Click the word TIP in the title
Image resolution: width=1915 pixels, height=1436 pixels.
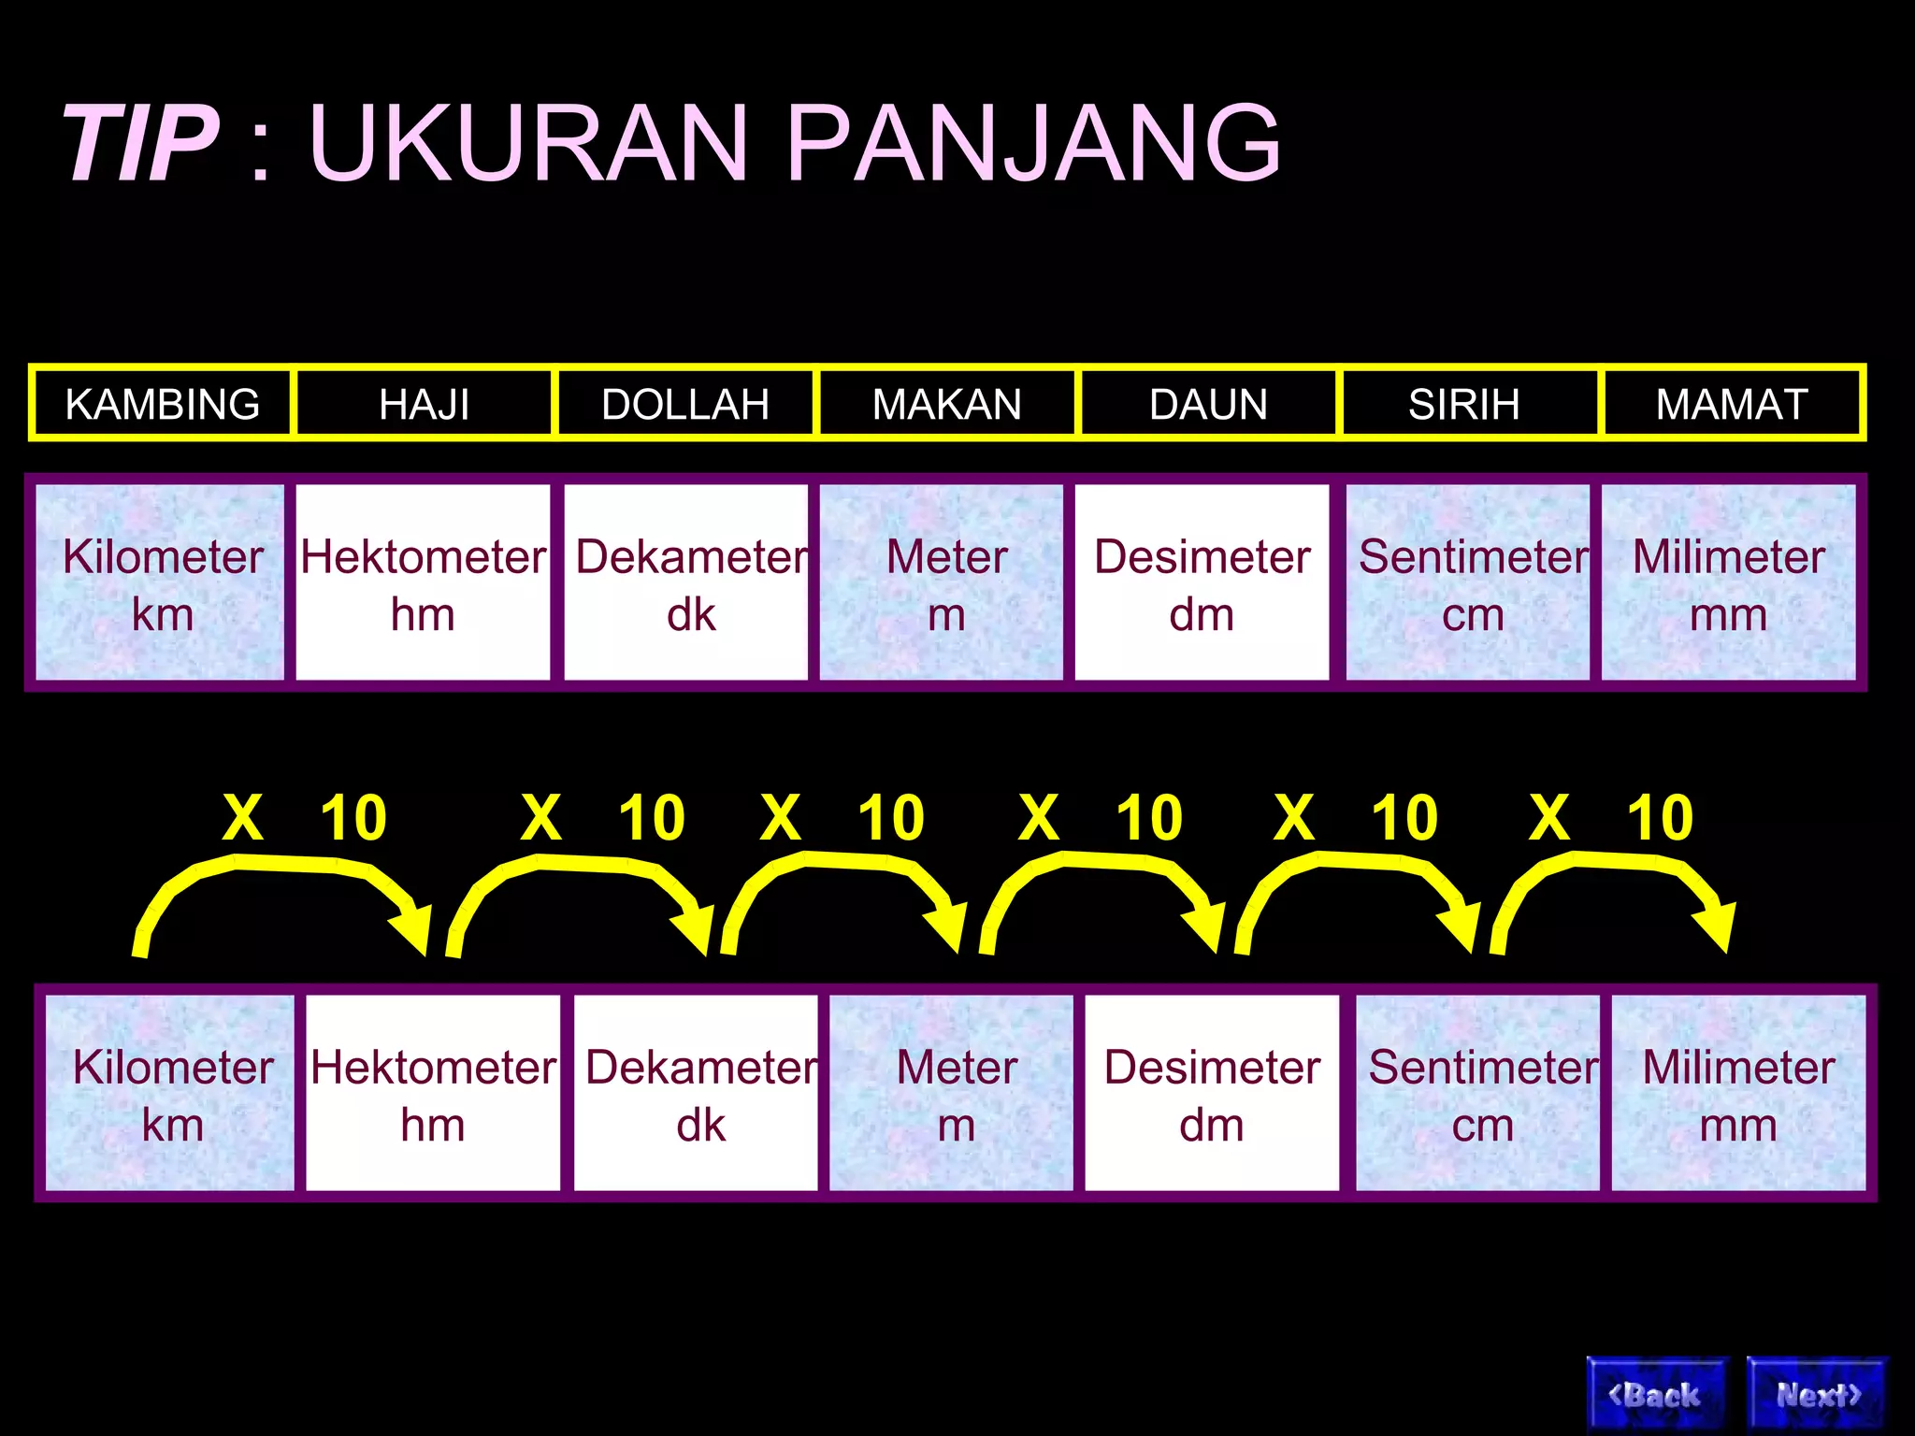point(140,143)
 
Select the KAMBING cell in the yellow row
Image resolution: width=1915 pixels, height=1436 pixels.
point(163,404)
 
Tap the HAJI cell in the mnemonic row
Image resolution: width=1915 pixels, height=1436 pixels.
point(424,404)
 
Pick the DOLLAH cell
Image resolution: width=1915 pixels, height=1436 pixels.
point(685,404)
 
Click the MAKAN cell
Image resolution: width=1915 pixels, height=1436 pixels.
point(946,404)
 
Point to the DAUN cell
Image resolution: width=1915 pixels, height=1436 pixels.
point(1208,404)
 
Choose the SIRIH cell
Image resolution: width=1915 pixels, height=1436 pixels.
point(1464,404)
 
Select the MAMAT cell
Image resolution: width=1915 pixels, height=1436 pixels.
point(1732,404)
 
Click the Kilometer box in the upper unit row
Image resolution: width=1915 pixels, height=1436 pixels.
point(160,582)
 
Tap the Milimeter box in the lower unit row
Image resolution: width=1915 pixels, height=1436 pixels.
point(1738,1092)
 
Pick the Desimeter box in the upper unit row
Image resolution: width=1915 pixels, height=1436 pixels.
point(1202,582)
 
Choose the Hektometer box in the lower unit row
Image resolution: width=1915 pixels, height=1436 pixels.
point(433,1092)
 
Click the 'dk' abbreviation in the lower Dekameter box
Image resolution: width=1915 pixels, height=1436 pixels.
point(700,1126)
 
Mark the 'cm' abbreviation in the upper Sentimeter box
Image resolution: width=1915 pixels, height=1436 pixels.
point(1473,615)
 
